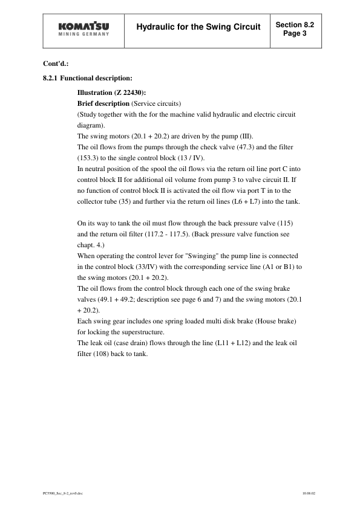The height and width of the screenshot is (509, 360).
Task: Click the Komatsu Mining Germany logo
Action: [x=84, y=29]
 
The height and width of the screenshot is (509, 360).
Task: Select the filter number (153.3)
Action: [x=90, y=158]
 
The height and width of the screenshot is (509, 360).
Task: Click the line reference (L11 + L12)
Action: [x=231, y=343]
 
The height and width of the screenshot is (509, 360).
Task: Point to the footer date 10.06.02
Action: [x=309, y=493]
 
